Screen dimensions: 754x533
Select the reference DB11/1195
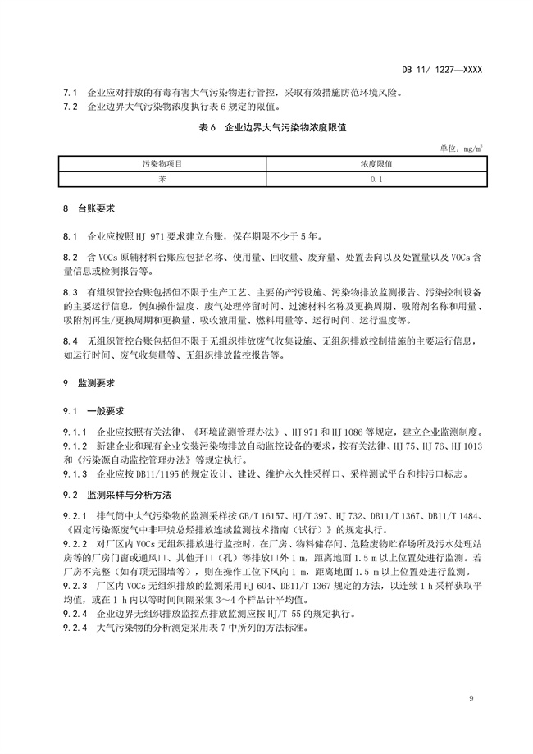(x=144, y=473)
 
